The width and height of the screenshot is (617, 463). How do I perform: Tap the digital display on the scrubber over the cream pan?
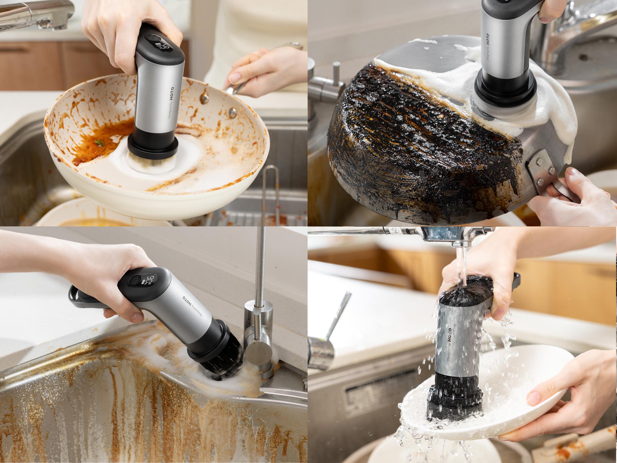pos(164,47)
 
